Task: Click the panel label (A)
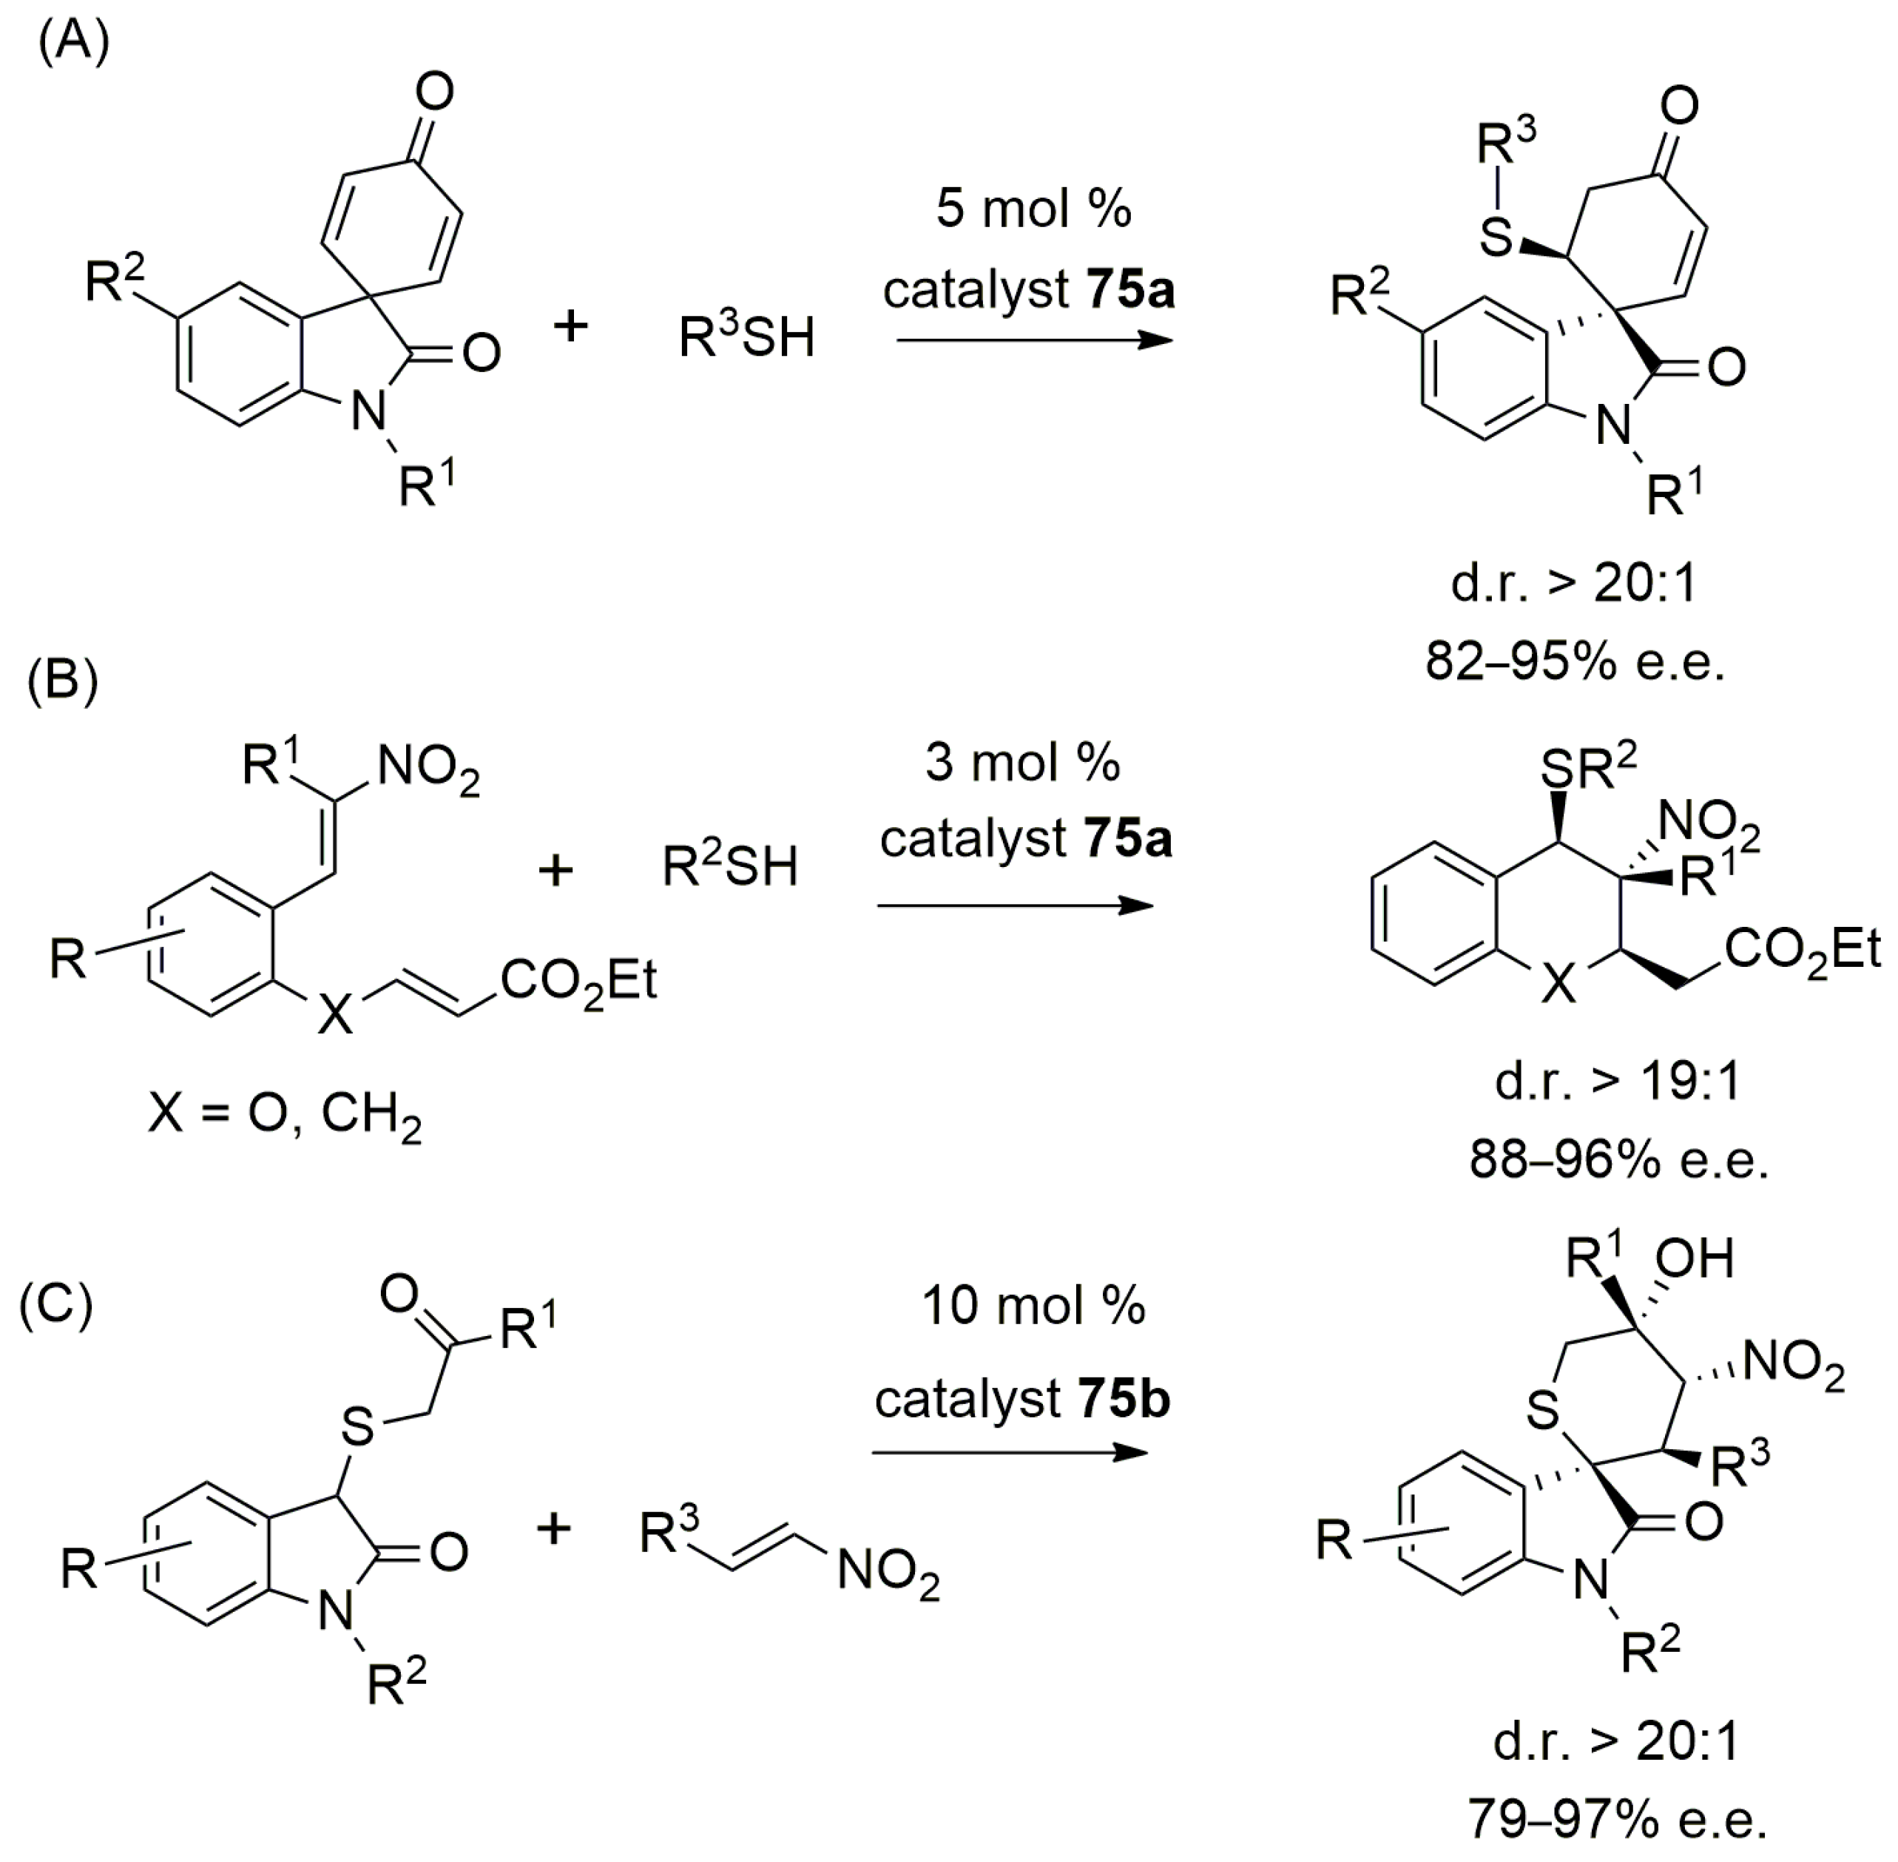(x=73, y=43)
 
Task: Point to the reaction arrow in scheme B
(x=1014, y=905)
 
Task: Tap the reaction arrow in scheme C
(x=1009, y=1452)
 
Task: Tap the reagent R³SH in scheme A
(x=746, y=337)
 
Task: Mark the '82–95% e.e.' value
(x=1574, y=662)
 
